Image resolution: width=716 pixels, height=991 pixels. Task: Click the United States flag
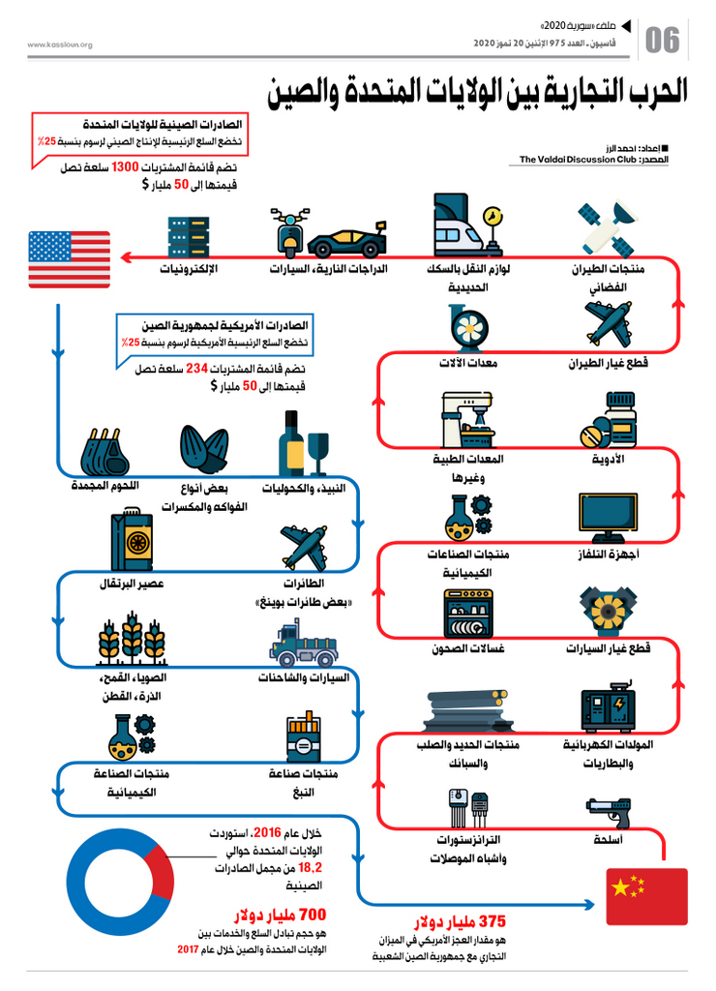point(70,259)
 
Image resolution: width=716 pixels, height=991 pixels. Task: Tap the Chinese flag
point(646,896)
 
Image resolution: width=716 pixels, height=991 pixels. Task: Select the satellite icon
point(608,228)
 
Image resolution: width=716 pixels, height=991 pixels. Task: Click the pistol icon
point(609,812)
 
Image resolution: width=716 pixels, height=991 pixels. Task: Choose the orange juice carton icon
point(132,539)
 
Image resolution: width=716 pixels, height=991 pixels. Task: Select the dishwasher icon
point(468,613)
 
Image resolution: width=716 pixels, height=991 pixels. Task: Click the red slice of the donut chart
point(160,872)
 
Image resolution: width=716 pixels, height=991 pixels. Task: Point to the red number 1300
point(125,167)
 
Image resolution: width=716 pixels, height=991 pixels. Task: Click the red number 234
point(196,369)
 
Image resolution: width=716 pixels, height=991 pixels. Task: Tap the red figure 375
point(492,921)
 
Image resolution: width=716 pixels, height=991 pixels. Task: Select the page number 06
point(662,41)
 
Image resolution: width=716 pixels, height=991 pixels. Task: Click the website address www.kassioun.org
point(60,45)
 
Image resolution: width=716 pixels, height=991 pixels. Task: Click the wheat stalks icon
point(132,639)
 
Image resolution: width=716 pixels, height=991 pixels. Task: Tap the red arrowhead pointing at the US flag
point(126,257)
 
